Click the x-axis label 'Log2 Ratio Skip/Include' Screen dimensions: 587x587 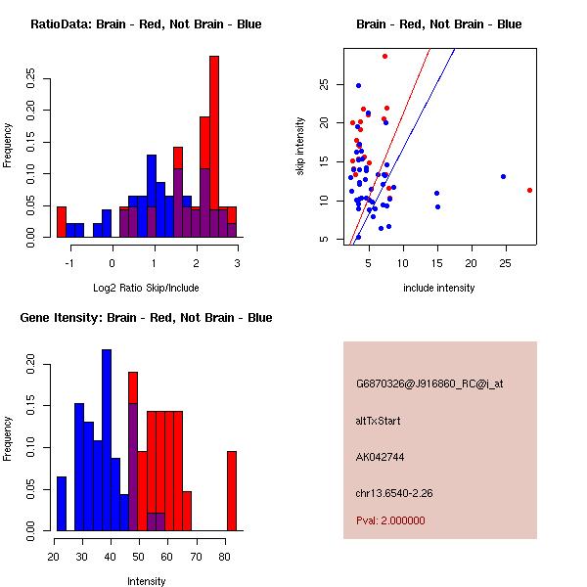tap(147, 288)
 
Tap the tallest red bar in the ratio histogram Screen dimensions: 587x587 tap(214, 147)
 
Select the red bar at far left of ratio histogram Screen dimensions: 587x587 tap(62, 222)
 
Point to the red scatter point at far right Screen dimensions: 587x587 tap(529, 190)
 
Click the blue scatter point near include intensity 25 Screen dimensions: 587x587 tap(503, 177)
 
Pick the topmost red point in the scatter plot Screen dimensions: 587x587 tap(385, 56)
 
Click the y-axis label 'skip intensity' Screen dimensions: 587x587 tap(301, 147)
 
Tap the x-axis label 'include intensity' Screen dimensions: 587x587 tap(439, 288)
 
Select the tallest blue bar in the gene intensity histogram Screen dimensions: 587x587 tap(107, 440)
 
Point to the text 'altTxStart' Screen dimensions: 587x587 tap(379, 421)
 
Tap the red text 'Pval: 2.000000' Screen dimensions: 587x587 tap(390, 520)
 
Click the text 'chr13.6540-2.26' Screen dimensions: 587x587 tap(392, 491)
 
